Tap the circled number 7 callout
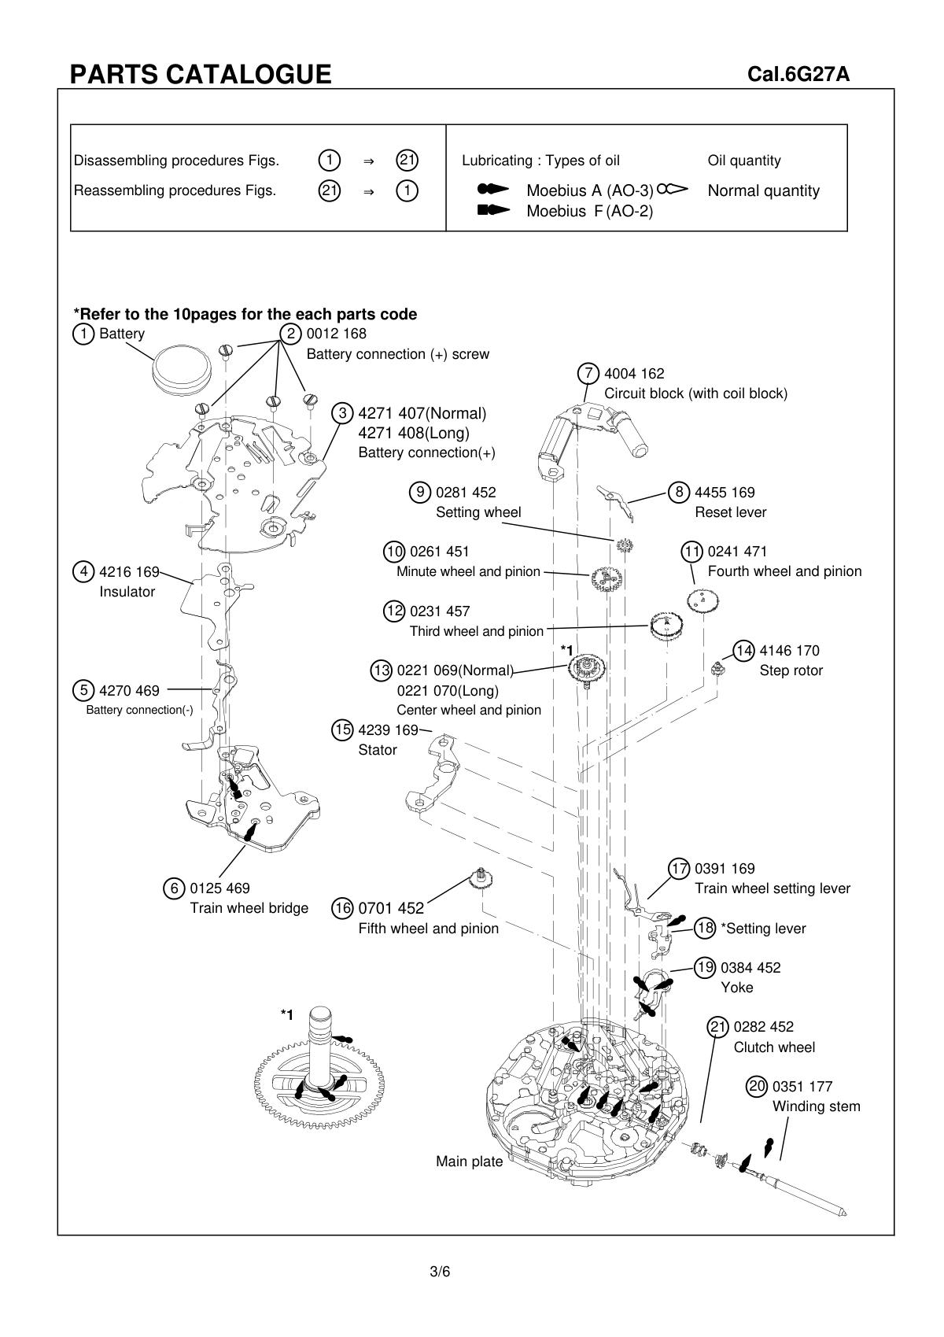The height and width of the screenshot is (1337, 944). (x=588, y=373)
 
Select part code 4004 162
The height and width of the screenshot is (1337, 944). (x=634, y=374)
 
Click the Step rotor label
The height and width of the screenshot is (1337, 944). (x=791, y=670)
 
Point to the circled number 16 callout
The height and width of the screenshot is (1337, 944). (x=343, y=908)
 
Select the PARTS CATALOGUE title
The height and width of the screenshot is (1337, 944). (x=201, y=74)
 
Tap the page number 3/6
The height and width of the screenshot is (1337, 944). (x=440, y=1272)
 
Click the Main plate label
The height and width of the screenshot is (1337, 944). (x=469, y=1162)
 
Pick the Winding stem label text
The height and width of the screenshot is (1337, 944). (x=816, y=1106)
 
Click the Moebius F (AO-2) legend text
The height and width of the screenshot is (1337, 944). (x=589, y=211)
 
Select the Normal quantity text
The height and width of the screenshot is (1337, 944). (x=763, y=190)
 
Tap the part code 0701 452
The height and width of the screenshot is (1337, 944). (x=391, y=908)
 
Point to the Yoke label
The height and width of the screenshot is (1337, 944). (x=736, y=988)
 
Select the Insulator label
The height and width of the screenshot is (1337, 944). (x=127, y=592)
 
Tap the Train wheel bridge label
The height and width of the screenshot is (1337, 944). (x=249, y=908)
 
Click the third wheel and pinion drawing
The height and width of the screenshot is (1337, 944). (x=666, y=627)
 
